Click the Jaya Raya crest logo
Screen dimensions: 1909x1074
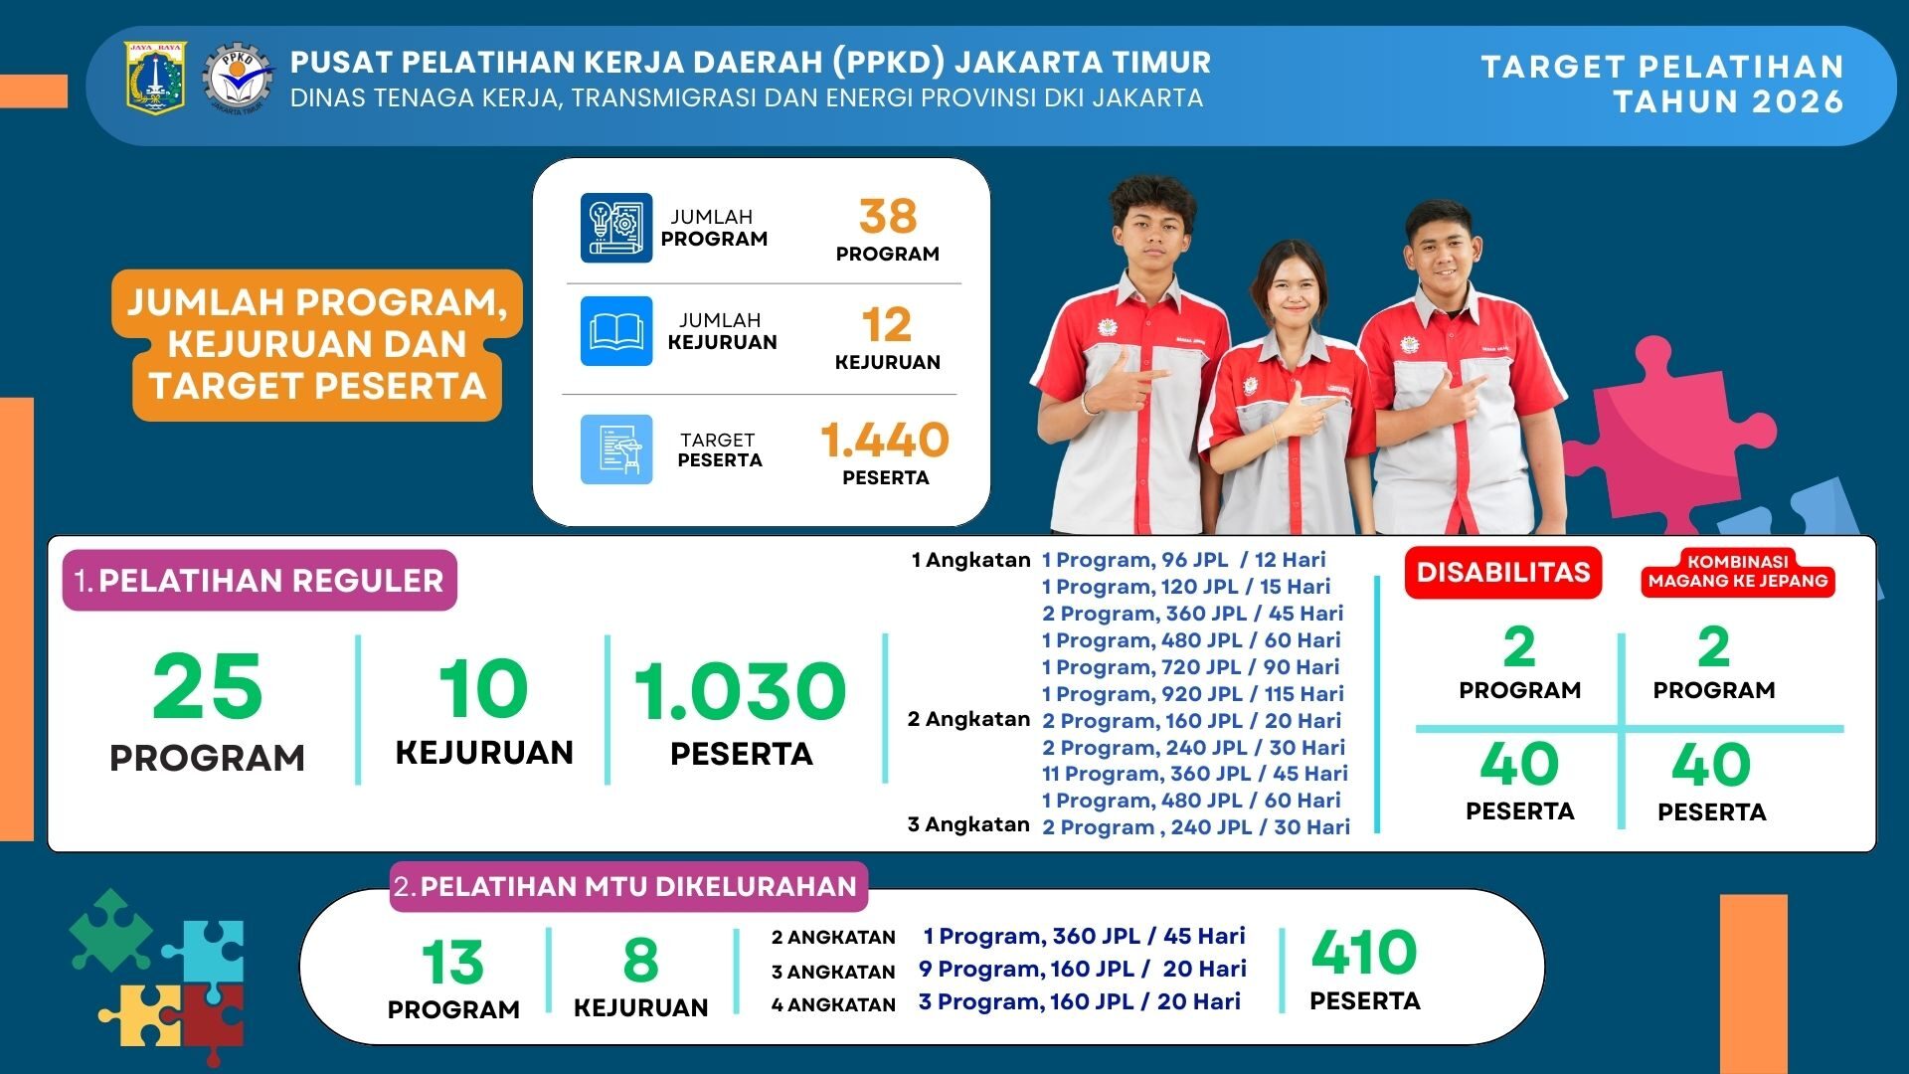155,77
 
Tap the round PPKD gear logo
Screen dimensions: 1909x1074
238,79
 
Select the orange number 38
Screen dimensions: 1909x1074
888,216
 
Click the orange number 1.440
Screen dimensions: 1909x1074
885,440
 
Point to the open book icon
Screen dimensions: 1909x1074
616,331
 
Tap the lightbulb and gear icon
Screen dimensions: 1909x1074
616,228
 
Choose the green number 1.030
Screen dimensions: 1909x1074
741,690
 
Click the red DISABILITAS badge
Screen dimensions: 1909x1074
1503,572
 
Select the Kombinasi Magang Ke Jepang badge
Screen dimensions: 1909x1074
1738,572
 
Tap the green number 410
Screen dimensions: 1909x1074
1364,953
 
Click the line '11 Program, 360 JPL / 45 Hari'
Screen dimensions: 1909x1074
1195,774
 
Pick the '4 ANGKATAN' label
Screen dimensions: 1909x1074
833,1005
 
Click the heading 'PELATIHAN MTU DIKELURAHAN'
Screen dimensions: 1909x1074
638,886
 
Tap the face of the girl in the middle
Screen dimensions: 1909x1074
1293,288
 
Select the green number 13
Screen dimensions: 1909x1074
452,963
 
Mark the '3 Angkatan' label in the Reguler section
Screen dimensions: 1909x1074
968,824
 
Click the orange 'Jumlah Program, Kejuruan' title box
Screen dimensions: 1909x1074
317,344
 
